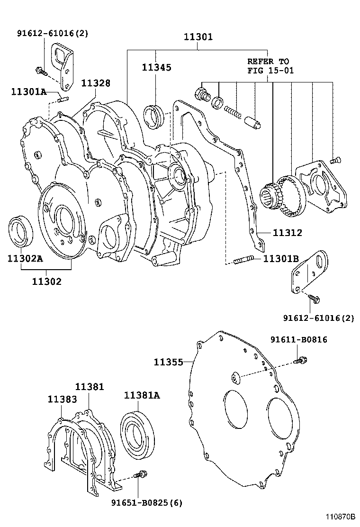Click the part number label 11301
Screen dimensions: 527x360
(x=198, y=36)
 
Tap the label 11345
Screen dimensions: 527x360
(x=156, y=67)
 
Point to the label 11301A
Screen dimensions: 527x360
(x=28, y=91)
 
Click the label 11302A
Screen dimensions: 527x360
(x=25, y=258)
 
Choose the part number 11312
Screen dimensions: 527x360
(x=287, y=233)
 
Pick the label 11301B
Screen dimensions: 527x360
(x=281, y=258)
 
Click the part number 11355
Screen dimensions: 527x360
(x=168, y=362)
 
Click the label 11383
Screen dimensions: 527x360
(x=62, y=399)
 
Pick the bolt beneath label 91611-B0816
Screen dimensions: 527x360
(x=299, y=361)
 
